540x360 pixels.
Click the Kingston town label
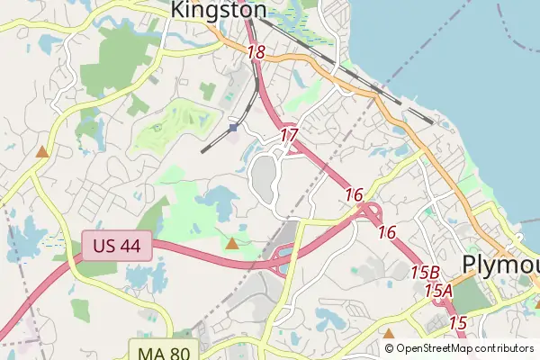(x=219, y=10)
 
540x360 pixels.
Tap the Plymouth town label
(x=500, y=263)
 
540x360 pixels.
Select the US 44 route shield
(x=117, y=247)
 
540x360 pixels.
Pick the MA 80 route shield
(x=164, y=351)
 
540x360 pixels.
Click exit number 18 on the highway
(x=256, y=52)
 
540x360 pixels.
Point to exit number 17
(x=288, y=135)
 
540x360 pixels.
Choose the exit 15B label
(x=425, y=271)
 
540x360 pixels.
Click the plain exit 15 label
(x=457, y=321)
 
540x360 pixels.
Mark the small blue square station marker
(x=233, y=128)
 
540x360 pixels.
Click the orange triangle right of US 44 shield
(x=232, y=243)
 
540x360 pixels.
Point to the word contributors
(x=503, y=348)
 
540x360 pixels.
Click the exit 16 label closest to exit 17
(x=353, y=194)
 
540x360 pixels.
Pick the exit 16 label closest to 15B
(x=387, y=232)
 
